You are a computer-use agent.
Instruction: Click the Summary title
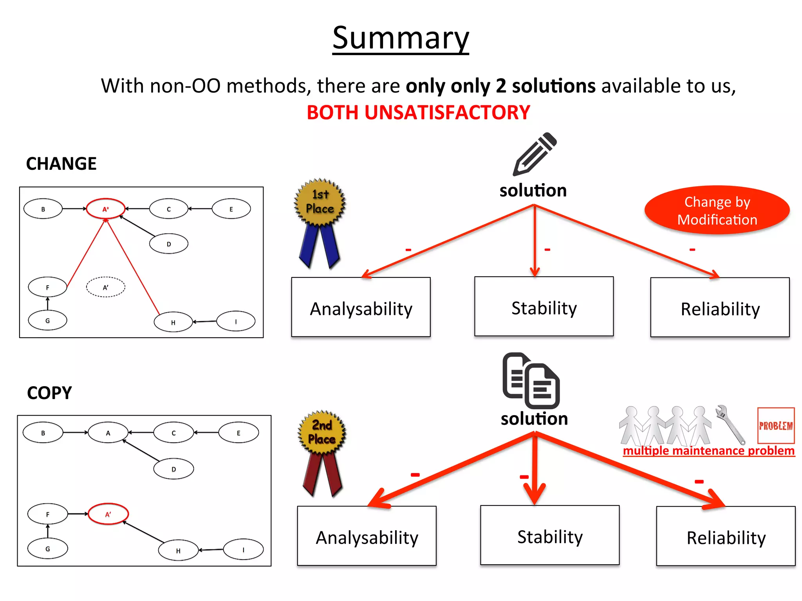point(401,38)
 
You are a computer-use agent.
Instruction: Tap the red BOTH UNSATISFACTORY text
point(418,113)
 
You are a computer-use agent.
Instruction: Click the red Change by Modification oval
point(717,211)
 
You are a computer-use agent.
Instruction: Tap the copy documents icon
point(531,380)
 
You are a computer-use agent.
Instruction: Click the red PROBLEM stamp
point(776,425)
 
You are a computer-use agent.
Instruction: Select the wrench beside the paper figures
point(730,424)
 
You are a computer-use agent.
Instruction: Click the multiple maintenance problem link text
point(709,451)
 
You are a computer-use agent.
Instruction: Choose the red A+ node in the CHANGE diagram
point(106,209)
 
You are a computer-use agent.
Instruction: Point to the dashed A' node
point(106,287)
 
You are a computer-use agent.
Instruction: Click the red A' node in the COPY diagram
point(108,514)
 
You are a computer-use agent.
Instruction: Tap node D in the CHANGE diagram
point(169,244)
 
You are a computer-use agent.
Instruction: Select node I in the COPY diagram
point(243,550)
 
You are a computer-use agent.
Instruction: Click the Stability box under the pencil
point(544,307)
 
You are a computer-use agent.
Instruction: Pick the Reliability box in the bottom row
point(726,536)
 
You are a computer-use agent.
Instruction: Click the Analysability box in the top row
point(361,308)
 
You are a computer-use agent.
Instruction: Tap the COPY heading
point(50,393)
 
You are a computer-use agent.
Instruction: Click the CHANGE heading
point(61,164)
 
